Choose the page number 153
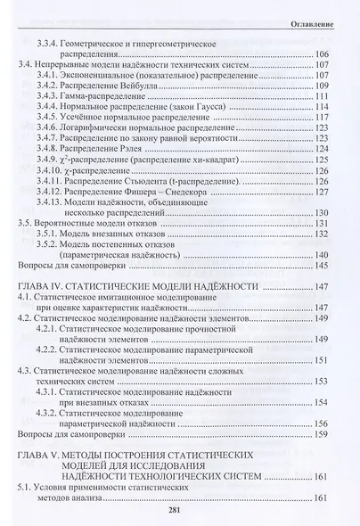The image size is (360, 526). coord(321,380)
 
